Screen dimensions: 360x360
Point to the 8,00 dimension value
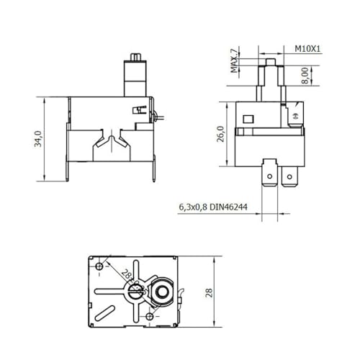click(305, 74)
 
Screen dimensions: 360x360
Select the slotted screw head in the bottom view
click(135, 292)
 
